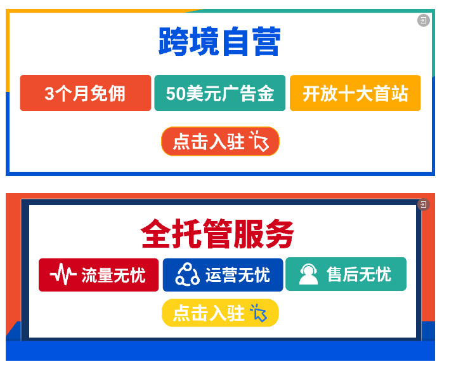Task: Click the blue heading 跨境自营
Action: (x=219, y=43)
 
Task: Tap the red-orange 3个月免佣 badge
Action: (x=86, y=93)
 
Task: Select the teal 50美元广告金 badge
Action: (x=220, y=93)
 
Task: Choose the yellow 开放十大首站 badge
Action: (x=355, y=93)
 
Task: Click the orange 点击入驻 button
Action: (x=219, y=141)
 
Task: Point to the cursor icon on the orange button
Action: (x=260, y=141)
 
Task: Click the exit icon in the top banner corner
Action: (x=423, y=21)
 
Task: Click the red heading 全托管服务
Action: (x=218, y=234)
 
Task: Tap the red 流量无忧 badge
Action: (x=98, y=274)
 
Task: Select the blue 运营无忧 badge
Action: (x=222, y=274)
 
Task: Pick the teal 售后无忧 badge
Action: (x=346, y=274)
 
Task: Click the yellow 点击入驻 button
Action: (x=219, y=313)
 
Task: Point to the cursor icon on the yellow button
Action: (x=259, y=313)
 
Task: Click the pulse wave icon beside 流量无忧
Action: (x=63, y=274)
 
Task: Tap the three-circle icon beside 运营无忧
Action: (x=188, y=274)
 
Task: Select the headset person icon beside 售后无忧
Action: (x=308, y=274)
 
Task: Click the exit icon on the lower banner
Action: (x=424, y=205)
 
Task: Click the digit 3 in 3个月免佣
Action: (x=49, y=94)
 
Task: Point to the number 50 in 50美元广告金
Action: (x=175, y=94)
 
